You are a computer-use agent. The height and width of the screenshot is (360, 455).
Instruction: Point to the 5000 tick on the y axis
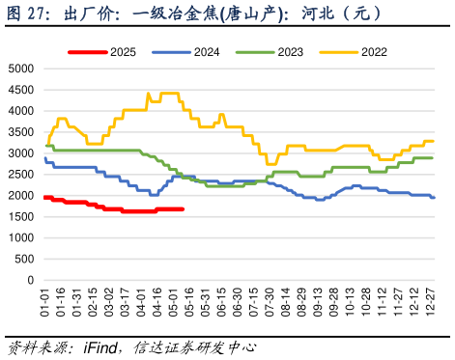[19, 69]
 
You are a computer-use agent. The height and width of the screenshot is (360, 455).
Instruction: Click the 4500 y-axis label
[19, 90]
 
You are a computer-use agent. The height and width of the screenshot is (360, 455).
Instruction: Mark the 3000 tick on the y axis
[19, 153]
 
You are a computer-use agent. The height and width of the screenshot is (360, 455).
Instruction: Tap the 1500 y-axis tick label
[19, 216]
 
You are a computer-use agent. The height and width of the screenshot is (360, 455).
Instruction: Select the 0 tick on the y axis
[29, 280]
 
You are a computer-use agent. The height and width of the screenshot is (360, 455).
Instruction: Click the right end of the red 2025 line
[184, 208]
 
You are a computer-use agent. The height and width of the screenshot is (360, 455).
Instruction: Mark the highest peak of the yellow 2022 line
[148, 93]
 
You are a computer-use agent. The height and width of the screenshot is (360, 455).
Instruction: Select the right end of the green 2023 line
[432, 157]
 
